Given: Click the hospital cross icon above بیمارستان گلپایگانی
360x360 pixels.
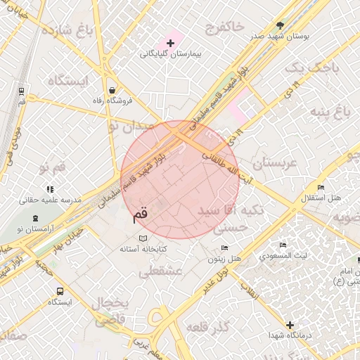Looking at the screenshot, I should [x=169, y=44].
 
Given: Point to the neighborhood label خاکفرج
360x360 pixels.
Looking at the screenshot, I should [x=224, y=27].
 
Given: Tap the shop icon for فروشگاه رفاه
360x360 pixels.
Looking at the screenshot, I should [x=112, y=90].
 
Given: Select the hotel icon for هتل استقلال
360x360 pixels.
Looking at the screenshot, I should [x=321, y=188].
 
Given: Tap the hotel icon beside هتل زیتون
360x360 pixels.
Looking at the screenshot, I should [x=224, y=247].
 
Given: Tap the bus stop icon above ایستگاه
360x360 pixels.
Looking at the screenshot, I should [x=60, y=290].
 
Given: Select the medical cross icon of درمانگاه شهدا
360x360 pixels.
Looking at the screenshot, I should [x=290, y=325].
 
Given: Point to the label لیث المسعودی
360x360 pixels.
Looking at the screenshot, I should [x=282, y=256].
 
